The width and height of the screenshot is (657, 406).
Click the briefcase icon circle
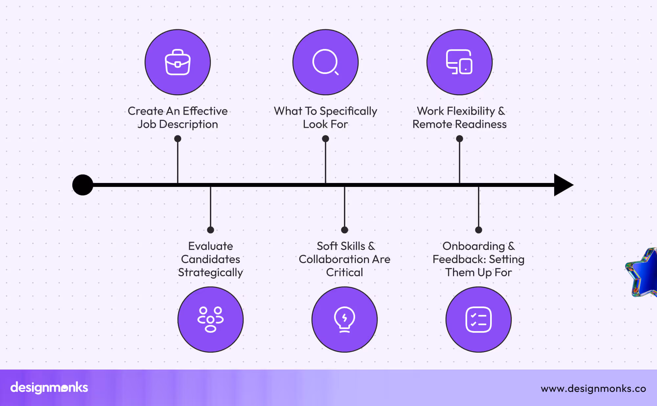178,62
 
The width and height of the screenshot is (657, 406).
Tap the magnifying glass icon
325,62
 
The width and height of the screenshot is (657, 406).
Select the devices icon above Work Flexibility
459,62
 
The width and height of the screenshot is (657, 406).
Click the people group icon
211,319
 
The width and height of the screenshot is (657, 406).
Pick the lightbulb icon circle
344,319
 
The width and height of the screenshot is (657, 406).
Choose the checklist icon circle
478,319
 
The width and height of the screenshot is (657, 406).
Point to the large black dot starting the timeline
83,185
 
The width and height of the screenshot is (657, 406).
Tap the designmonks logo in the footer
49,388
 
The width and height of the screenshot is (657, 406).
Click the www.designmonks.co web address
593,389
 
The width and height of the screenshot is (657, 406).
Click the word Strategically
211,273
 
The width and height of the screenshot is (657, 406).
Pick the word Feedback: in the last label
459,259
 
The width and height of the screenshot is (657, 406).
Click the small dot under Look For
326,139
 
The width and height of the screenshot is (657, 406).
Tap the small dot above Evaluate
211,230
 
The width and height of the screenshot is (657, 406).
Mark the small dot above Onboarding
479,230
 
